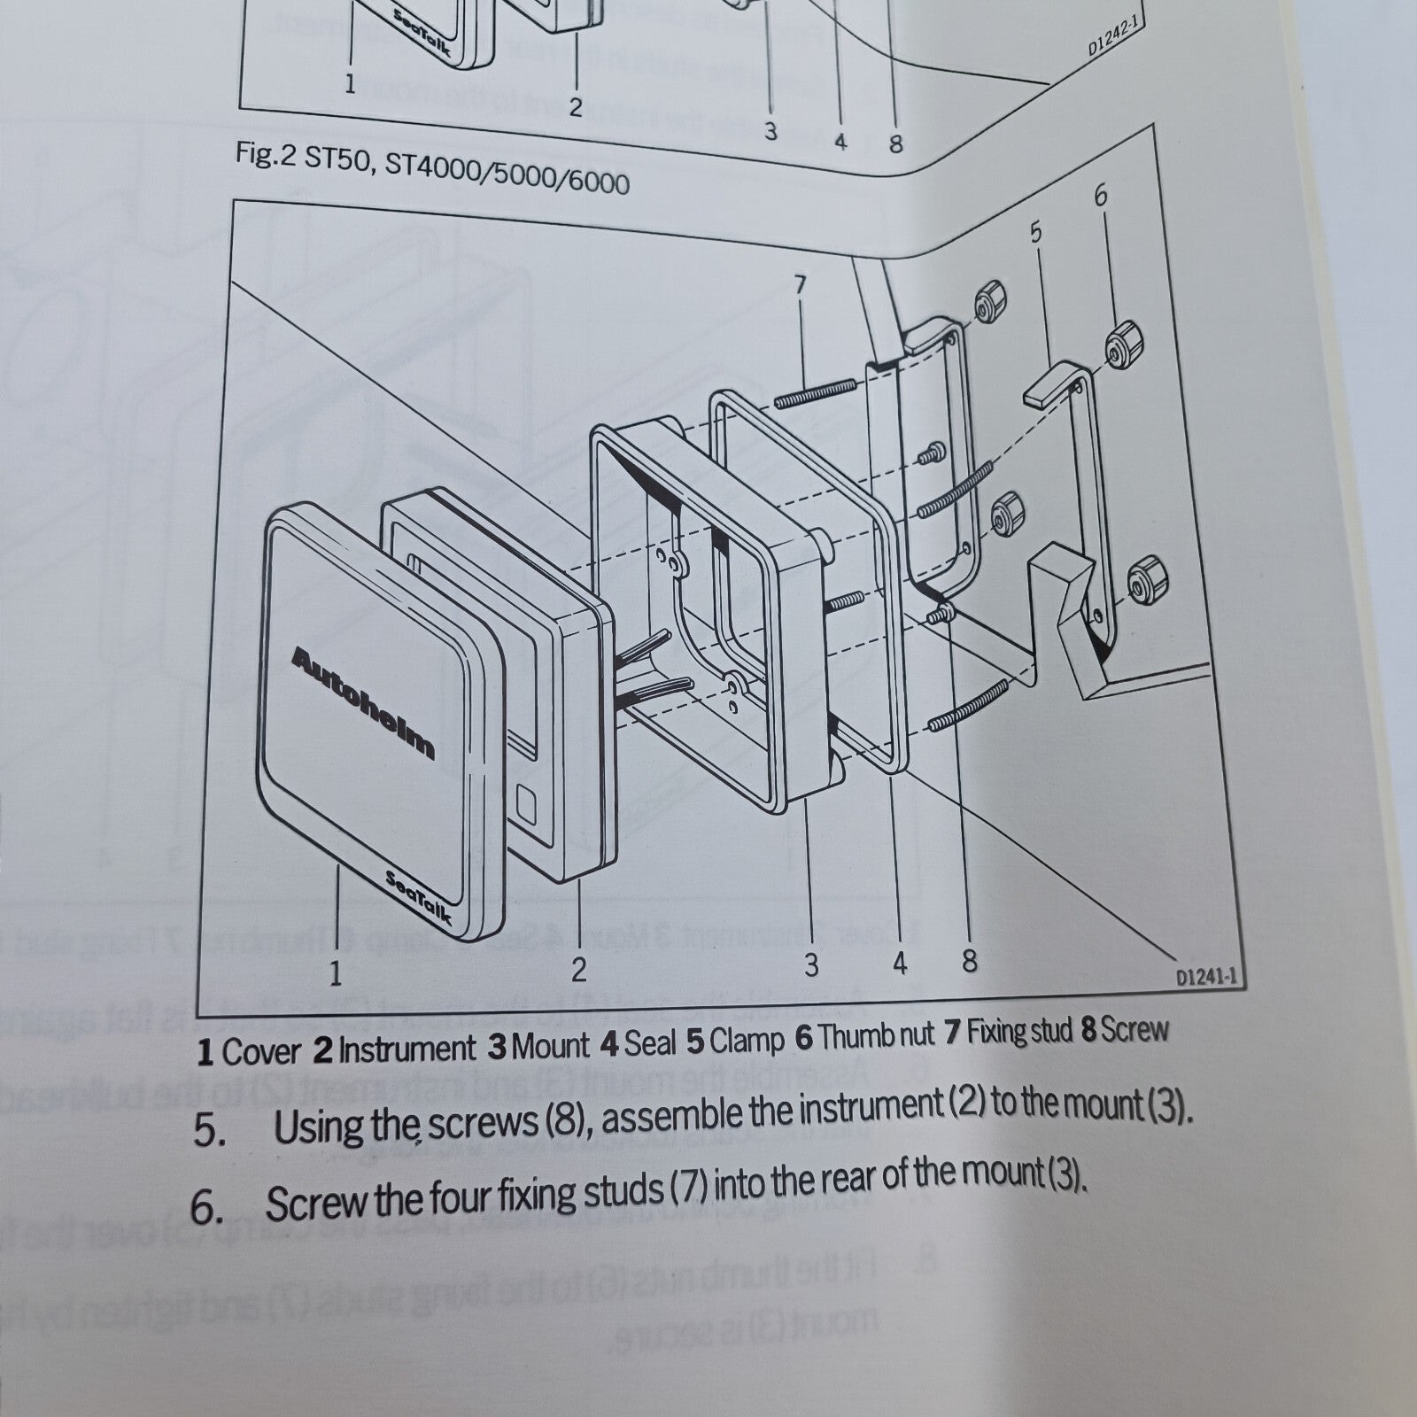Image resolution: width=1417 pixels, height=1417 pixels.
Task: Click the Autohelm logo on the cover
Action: [x=363, y=704]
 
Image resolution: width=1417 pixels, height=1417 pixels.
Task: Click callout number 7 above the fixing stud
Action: [x=800, y=286]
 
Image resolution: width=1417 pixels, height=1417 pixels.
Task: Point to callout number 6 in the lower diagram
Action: [x=1101, y=195]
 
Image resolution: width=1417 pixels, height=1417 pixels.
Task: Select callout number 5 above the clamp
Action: [x=1035, y=233]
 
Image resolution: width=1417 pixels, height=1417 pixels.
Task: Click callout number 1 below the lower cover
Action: [x=336, y=974]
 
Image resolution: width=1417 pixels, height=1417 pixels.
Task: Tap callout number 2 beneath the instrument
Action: [x=578, y=970]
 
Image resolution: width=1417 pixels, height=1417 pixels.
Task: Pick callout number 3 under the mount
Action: [x=811, y=964]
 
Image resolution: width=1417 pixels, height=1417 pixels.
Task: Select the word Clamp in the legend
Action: [x=747, y=1041]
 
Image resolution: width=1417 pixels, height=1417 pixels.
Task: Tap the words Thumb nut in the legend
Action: [x=863, y=1036]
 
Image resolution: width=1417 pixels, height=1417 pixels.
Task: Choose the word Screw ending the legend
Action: [x=1136, y=1030]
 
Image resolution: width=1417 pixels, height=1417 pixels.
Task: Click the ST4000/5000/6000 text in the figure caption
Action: [x=507, y=175]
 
